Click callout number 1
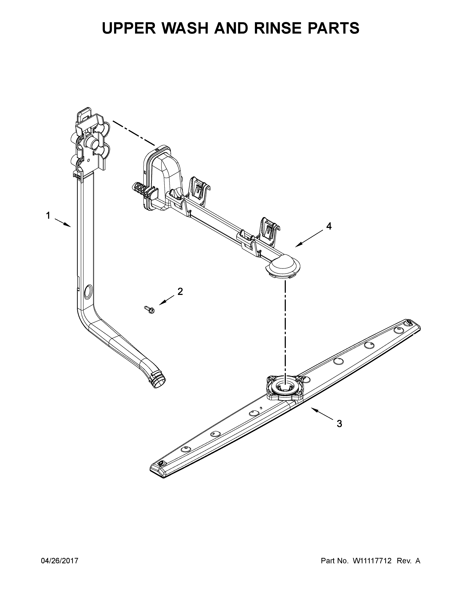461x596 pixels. (48, 216)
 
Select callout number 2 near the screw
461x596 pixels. (180, 292)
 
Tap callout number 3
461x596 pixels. (339, 424)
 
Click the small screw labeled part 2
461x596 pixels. (149, 309)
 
